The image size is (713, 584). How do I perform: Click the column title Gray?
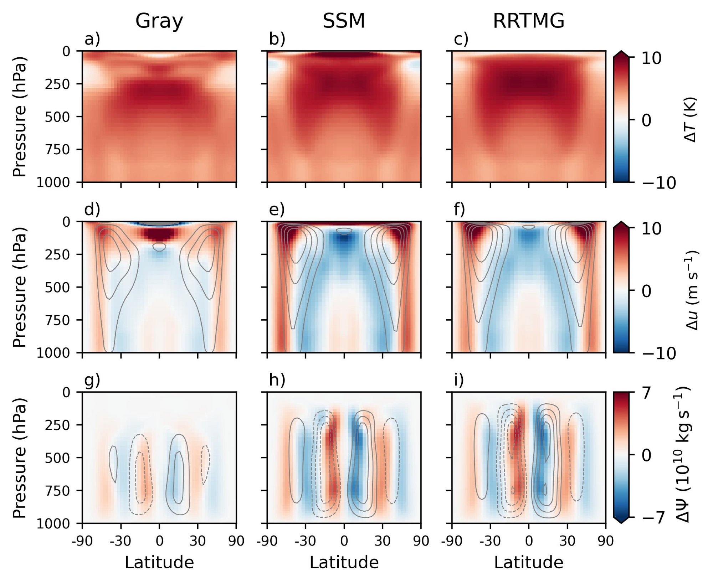[159, 21]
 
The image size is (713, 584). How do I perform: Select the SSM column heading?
[344, 21]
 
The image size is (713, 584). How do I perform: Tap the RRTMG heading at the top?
[528, 21]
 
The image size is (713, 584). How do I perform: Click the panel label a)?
[92, 39]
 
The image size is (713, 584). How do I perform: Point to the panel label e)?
[277, 210]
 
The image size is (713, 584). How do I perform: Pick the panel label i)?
[459, 381]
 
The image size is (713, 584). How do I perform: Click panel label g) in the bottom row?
[92, 381]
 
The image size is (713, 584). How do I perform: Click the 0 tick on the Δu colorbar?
[646, 291]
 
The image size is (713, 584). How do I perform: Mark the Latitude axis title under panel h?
[344, 563]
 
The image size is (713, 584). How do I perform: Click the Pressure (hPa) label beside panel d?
[20, 287]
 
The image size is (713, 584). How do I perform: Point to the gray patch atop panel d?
[159, 223]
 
